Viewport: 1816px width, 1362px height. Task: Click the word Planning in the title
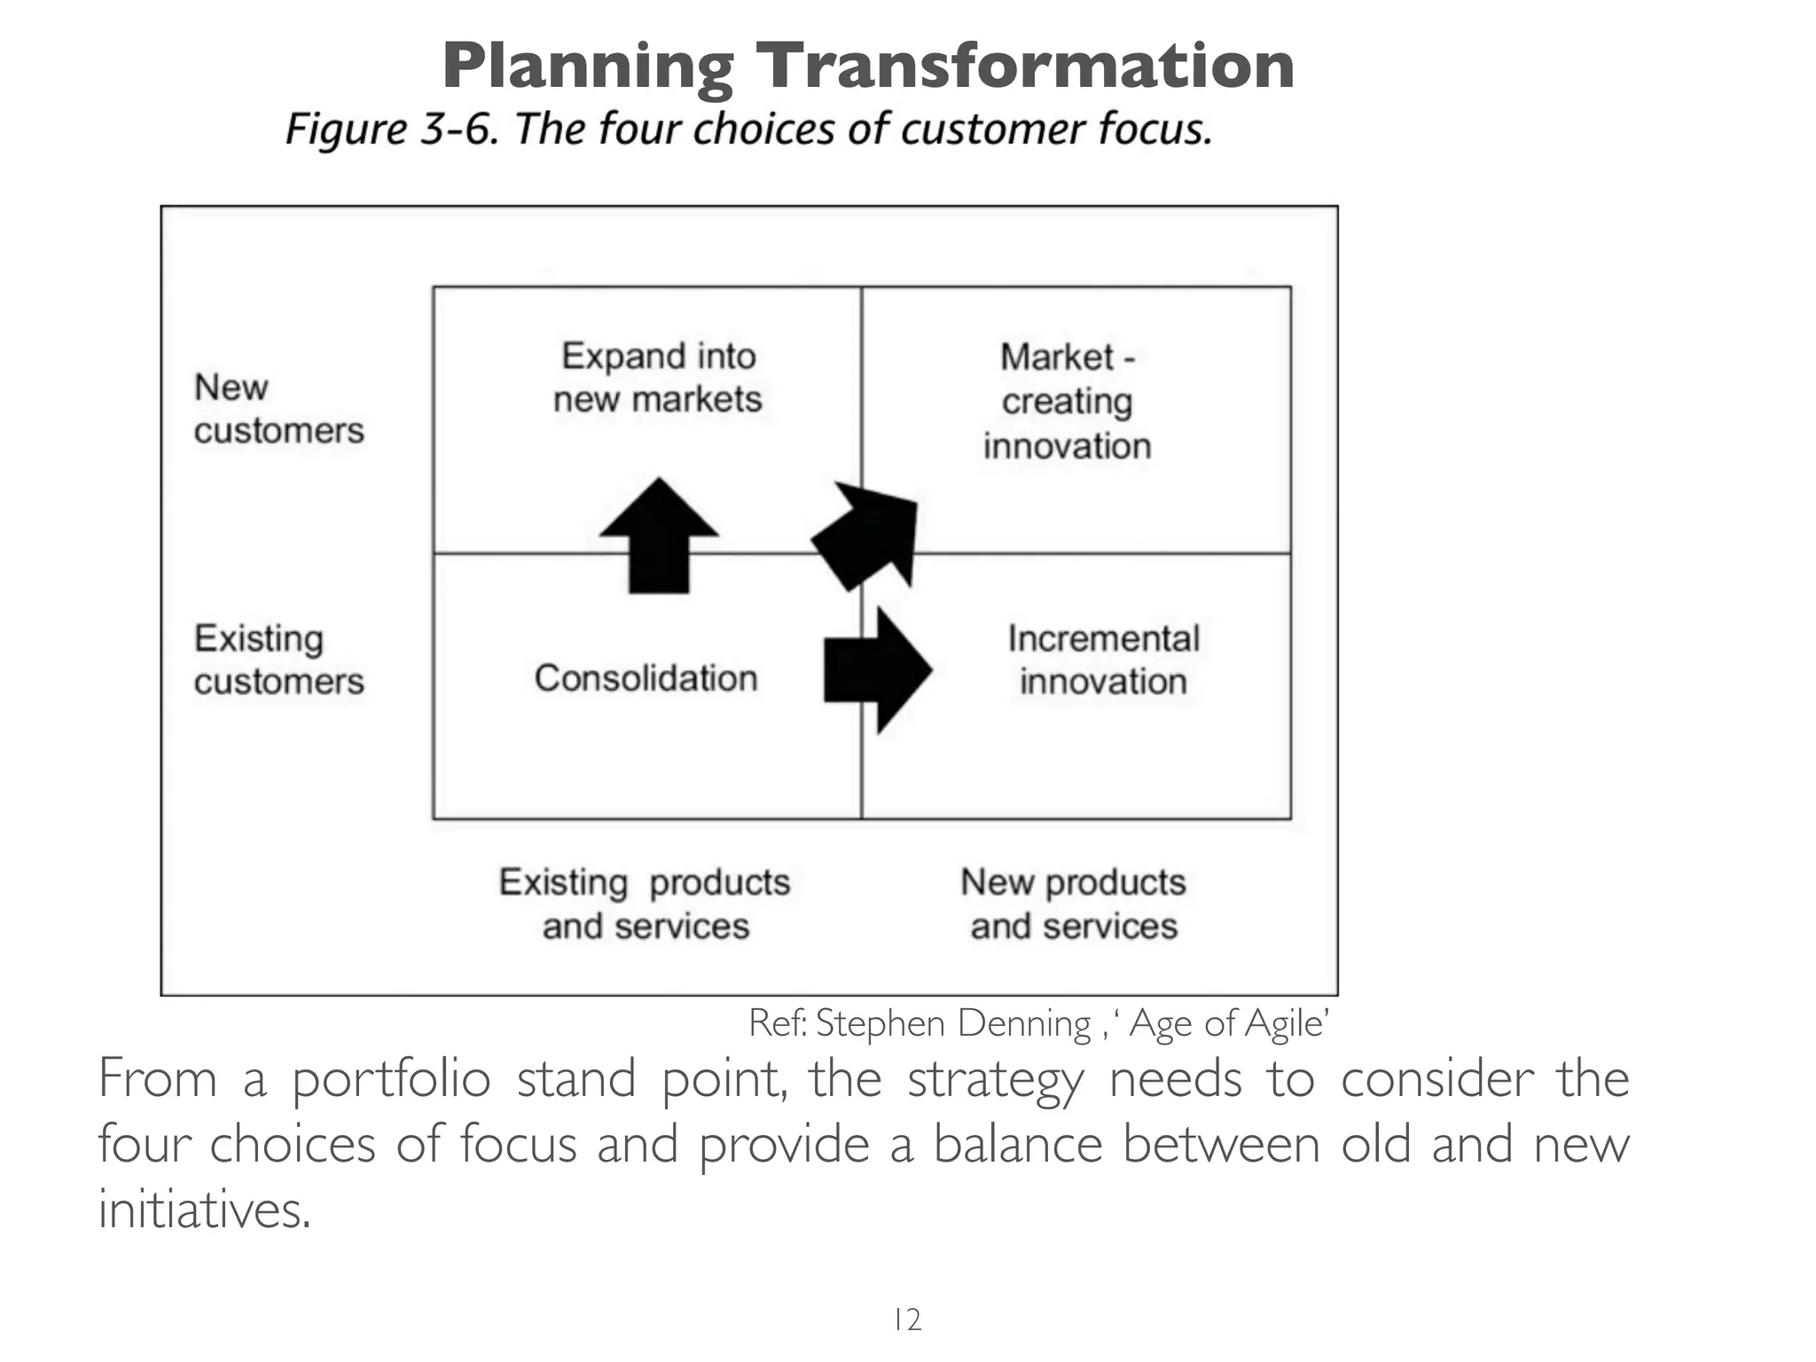[x=588, y=67]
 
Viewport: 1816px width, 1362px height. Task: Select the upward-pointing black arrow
[x=659, y=537]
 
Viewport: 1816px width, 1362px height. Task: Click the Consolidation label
[x=646, y=678]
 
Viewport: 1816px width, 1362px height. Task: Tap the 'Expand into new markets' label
[x=657, y=378]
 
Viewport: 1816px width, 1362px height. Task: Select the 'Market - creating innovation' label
[x=1067, y=402]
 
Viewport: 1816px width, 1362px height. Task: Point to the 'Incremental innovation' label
[x=1102, y=661]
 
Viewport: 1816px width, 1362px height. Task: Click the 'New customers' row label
[x=278, y=409]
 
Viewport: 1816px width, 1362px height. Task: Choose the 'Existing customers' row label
[x=278, y=660]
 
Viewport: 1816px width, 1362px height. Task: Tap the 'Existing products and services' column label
[x=645, y=904]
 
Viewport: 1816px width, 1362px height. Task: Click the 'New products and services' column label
[x=1073, y=904]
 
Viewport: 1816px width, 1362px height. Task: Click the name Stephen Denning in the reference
[x=953, y=1024]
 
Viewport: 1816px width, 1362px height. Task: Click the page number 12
[x=907, y=1319]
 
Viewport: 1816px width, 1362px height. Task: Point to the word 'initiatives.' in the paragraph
[x=204, y=1209]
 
